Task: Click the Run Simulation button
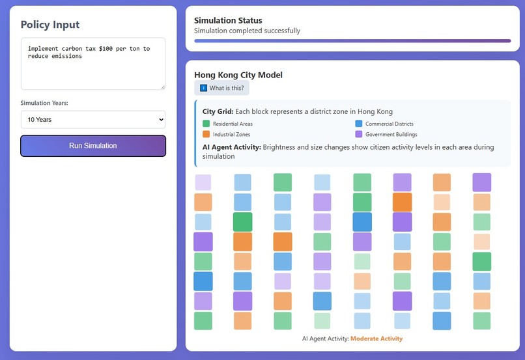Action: point(93,146)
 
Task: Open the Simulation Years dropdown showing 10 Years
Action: point(93,120)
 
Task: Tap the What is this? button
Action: point(221,88)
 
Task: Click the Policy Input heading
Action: point(50,25)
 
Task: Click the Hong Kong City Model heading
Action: point(238,75)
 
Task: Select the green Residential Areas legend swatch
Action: point(206,124)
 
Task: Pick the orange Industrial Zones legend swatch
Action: point(206,135)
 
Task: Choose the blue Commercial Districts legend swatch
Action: point(359,124)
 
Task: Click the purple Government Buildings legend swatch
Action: point(359,135)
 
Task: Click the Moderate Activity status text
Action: point(376,339)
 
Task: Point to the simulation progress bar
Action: point(352,41)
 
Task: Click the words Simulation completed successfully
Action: point(248,31)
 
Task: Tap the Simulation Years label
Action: point(44,103)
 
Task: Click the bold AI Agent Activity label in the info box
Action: point(231,147)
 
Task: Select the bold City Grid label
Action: point(217,111)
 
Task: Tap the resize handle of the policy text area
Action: point(162,87)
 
